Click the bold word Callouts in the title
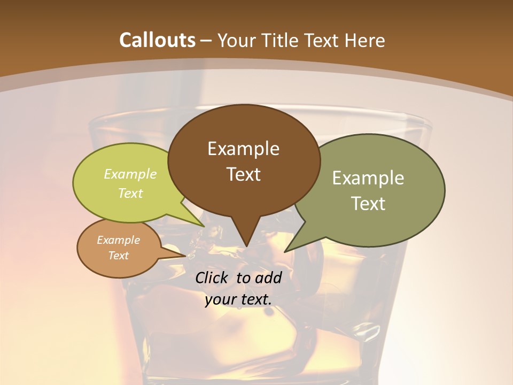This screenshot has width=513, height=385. pos(157,40)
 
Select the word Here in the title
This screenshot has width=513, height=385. pos(365,40)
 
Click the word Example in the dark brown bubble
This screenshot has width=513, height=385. pos(243,149)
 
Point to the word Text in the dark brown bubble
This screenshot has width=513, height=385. pos(243,174)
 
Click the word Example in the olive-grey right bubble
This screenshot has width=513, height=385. pos(368,178)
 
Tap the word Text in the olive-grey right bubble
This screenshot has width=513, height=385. pos(368,204)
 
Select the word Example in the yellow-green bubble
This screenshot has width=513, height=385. pos(130,174)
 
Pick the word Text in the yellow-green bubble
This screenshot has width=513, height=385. pos(130,193)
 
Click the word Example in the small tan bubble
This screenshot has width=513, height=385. pos(118,240)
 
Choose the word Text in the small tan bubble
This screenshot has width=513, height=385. pos(118,256)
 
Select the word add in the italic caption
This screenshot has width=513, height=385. pos(268,278)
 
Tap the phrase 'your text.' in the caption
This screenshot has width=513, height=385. pos(238,299)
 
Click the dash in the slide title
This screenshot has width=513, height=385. pos(207,40)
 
